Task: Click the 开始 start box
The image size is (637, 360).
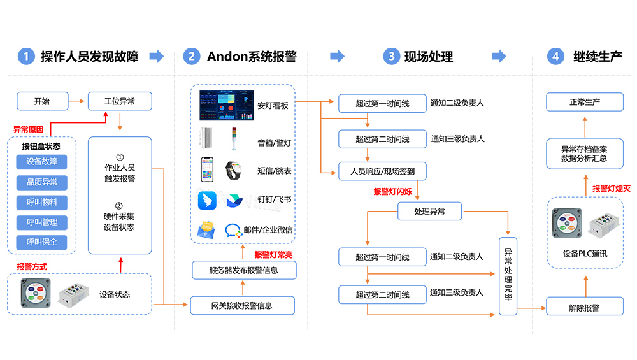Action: pyautogui.click(x=42, y=101)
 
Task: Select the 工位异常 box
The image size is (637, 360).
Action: pyautogui.click(x=120, y=101)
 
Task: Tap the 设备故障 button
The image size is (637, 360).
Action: pyautogui.click(x=42, y=162)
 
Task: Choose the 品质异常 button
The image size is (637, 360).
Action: pyautogui.click(x=42, y=182)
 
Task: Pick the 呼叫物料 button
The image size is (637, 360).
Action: pyautogui.click(x=42, y=203)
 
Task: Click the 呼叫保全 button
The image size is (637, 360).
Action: pyautogui.click(x=42, y=243)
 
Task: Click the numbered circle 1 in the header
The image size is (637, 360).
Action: pyautogui.click(x=25, y=56)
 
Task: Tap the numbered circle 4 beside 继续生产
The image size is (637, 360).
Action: pyautogui.click(x=555, y=56)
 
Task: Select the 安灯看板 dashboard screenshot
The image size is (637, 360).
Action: pyautogui.click(x=225, y=105)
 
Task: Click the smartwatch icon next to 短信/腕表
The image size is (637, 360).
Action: pyautogui.click(x=234, y=170)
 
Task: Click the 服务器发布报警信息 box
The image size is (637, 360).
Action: pyautogui.click(x=243, y=270)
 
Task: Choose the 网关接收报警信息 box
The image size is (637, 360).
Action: pyautogui.click(x=242, y=305)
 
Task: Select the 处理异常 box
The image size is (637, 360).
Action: pyautogui.click(x=429, y=211)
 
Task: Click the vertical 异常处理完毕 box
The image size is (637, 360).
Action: pyautogui.click(x=508, y=274)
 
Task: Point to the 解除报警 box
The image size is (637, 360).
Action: pyautogui.click(x=584, y=308)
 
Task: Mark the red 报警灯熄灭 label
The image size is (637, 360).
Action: pyautogui.click(x=612, y=189)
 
